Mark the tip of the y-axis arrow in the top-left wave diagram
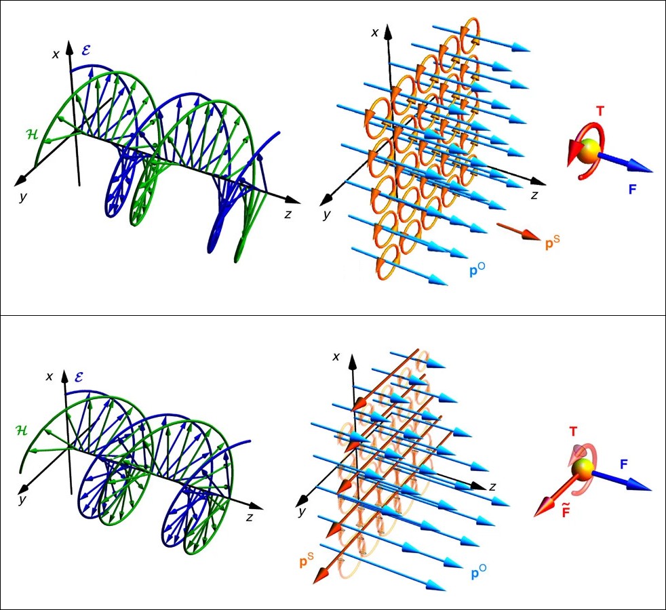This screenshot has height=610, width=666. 14,186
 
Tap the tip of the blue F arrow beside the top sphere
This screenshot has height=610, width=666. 652,171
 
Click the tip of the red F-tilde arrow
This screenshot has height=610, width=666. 534,516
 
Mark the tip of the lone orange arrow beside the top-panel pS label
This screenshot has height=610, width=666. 541,240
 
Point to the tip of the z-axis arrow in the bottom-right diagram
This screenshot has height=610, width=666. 486,486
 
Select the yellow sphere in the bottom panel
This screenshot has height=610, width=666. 582,469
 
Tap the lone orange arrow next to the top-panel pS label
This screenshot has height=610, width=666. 517,232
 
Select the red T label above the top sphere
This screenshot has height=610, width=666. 600,111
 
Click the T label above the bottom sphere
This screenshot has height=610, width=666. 573,432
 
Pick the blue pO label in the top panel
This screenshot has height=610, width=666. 478,270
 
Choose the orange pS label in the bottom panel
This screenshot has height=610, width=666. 307,561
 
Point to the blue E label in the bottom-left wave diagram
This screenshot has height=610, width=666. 79,377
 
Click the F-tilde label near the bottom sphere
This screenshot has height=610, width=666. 566,509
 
